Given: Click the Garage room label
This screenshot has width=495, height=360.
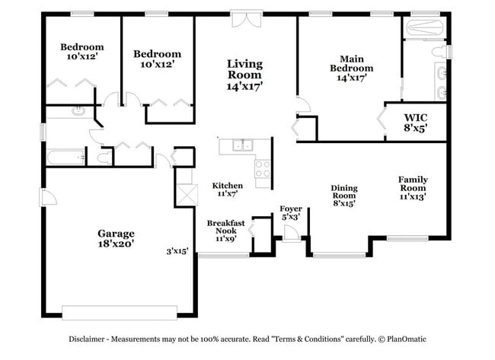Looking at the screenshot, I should coord(116,239).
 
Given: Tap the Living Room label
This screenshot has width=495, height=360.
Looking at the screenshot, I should coord(244,75).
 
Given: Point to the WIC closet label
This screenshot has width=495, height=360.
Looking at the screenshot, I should coord(415,122).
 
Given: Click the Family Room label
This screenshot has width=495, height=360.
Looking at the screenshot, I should coord(412,187).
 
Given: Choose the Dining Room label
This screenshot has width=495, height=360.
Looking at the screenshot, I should coord(344,195).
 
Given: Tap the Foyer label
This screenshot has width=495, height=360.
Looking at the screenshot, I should coord(291,212).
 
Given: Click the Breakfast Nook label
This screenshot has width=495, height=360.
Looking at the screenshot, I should coord(225,230).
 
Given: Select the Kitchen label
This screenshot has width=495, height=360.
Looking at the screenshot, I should coord(227,190).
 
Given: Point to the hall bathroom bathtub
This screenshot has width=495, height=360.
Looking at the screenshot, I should coord(65,158).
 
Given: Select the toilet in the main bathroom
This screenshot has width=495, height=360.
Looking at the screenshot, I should coord(438,53).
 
